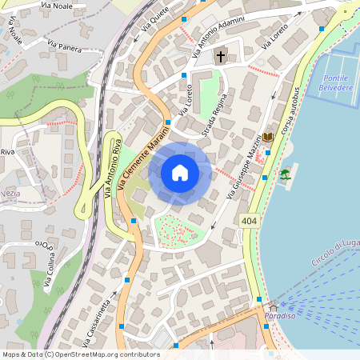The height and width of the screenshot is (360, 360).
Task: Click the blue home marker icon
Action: (180, 173)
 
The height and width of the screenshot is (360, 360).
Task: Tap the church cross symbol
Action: (221, 57)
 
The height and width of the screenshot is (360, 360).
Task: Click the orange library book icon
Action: (268, 138)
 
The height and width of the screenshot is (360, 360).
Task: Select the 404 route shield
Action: (248, 219)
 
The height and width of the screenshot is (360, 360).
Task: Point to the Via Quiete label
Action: (155, 18)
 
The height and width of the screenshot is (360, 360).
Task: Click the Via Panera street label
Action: (65, 46)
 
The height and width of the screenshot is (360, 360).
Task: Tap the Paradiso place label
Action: (280, 315)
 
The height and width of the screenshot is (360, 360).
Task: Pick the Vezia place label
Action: (10, 193)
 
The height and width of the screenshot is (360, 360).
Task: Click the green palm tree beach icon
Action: (285, 174)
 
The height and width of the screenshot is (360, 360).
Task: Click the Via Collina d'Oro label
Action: (52, 263)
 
